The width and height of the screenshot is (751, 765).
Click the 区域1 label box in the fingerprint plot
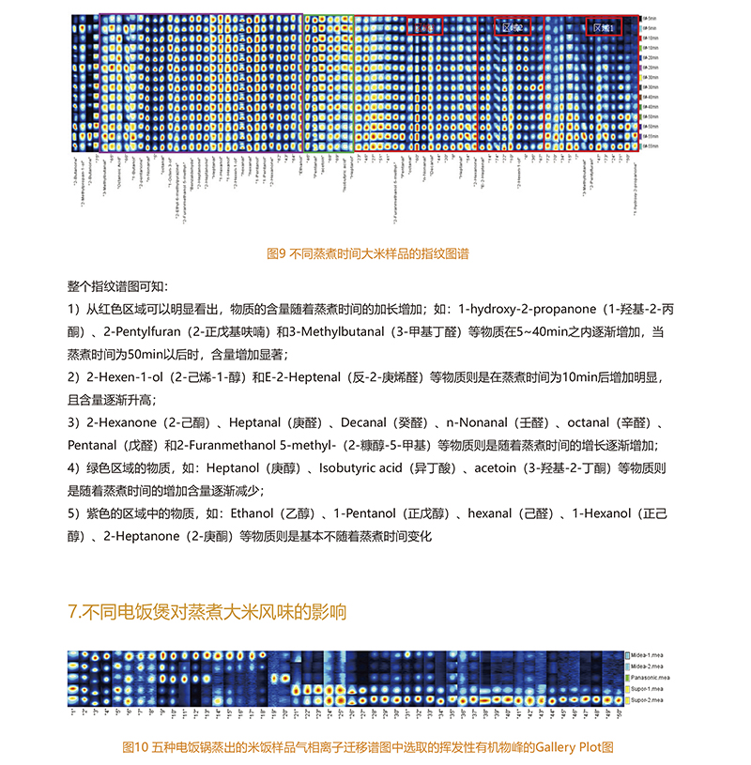click(x=604, y=28)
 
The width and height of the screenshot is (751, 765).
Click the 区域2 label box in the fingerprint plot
click(x=513, y=28)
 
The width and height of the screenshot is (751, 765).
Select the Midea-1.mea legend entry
click(x=648, y=654)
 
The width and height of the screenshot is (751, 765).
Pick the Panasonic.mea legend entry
click(x=650, y=677)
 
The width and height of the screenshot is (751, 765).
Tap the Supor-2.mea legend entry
click(x=648, y=699)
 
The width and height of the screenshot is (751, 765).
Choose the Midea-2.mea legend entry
click(x=648, y=666)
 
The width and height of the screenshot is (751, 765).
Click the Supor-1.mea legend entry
click(x=648, y=688)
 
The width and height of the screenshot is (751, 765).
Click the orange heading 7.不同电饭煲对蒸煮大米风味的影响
click(x=207, y=612)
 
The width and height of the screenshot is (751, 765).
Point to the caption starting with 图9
click(x=368, y=253)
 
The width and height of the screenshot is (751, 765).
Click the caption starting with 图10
click(x=368, y=747)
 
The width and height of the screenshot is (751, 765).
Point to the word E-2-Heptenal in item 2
click(x=311, y=377)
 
